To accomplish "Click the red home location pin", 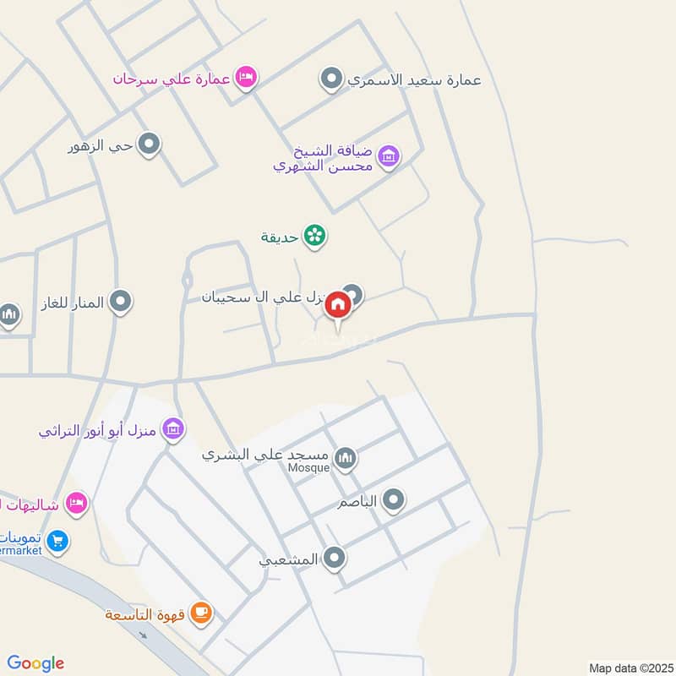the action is [x=338, y=305].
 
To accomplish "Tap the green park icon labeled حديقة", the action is [x=315, y=236].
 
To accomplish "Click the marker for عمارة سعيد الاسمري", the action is [x=332, y=79].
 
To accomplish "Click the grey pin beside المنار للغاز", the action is [x=121, y=301].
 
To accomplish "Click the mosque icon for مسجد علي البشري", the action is [x=345, y=458].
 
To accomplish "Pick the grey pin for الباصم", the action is [x=393, y=502].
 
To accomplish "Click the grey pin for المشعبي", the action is [x=335, y=558].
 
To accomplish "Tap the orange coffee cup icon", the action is [x=200, y=613].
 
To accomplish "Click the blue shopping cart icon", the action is [x=57, y=540].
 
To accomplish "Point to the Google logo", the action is [x=35, y=663].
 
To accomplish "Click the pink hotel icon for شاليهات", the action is [x=76, y=503].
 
